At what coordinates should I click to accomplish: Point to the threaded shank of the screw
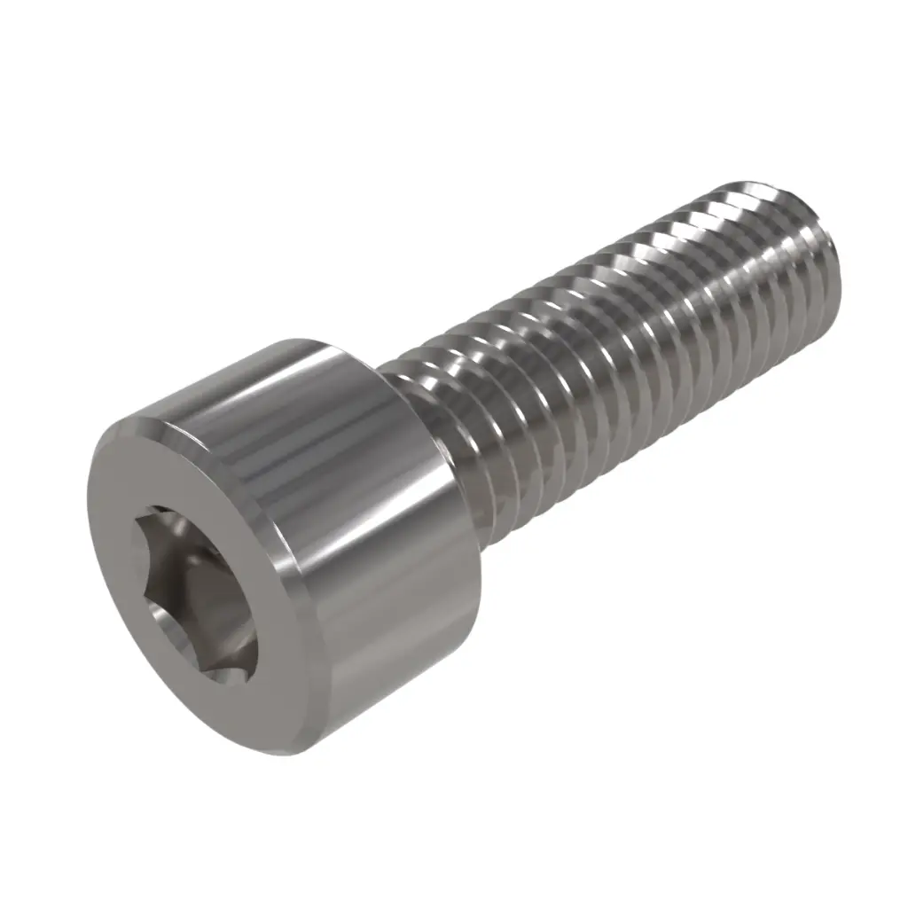click(621, 337)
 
